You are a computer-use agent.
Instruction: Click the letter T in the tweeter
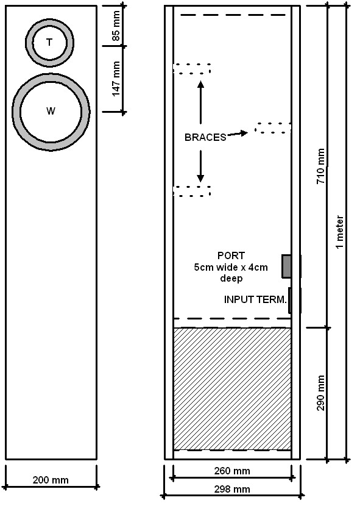[x=49, y=42]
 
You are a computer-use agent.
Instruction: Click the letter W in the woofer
[x=51, y=111]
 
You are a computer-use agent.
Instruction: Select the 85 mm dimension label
[x=116, y=26]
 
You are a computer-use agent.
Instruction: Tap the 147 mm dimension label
[x=116, y=79]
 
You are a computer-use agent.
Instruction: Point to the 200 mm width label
[x=51, y=480]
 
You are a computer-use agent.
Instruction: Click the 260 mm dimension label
[x=232, y=471]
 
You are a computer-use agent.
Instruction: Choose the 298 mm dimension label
[x=232, y=489]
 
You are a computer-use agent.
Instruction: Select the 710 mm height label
[x=321, y=166]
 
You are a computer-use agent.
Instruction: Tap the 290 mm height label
[x=321, y=393]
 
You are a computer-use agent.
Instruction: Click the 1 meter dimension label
[x=340, y=232]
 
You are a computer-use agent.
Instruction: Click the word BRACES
[x=205, y=137]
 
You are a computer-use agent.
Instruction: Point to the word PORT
[x=231, y=255]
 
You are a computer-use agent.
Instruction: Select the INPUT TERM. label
[x=255, y=299]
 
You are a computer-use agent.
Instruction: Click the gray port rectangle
[x=286, y=266]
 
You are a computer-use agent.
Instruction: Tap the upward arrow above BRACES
[x=201, y=102]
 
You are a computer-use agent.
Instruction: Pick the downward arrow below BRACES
[x=201, y=166]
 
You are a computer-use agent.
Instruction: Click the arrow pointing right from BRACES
[x=238, y=134]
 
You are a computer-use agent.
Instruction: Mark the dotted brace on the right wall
[x=273, y=128]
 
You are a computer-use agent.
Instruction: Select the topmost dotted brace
[x=192, y=69]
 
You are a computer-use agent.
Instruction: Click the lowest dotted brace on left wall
[x=192, y=191]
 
